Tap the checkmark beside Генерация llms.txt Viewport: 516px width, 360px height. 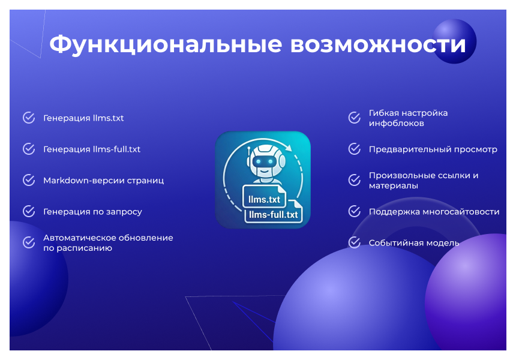point(29,118)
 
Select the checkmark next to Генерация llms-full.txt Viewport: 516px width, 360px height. point(29,149)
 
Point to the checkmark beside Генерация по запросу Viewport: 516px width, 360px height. point(29,211)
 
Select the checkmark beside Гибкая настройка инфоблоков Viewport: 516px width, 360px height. point(355,118)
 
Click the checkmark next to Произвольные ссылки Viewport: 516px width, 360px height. point(355,180)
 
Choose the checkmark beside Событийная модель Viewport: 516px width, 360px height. point(355,242)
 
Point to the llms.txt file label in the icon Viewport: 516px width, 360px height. point(260,199)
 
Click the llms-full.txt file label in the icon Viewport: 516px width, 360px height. point(273,214)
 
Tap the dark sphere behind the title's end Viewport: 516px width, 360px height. point(454,40)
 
